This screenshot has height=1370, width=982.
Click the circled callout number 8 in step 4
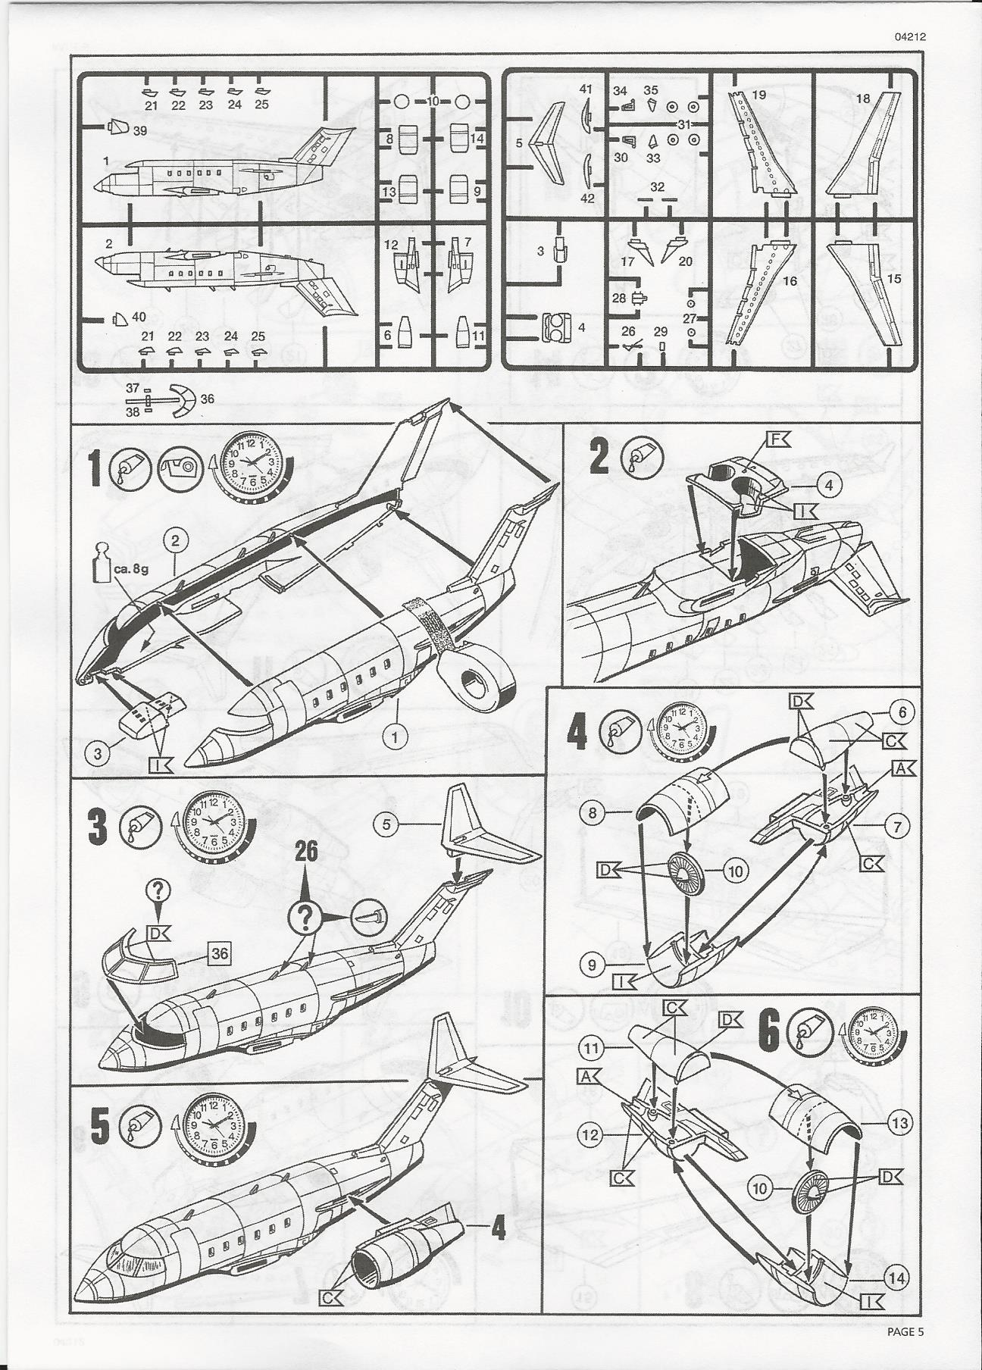click(x=593, y=815)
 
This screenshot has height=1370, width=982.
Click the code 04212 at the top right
click(x=909, y=57)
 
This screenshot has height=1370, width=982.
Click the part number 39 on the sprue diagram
click(x=139, y=130)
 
